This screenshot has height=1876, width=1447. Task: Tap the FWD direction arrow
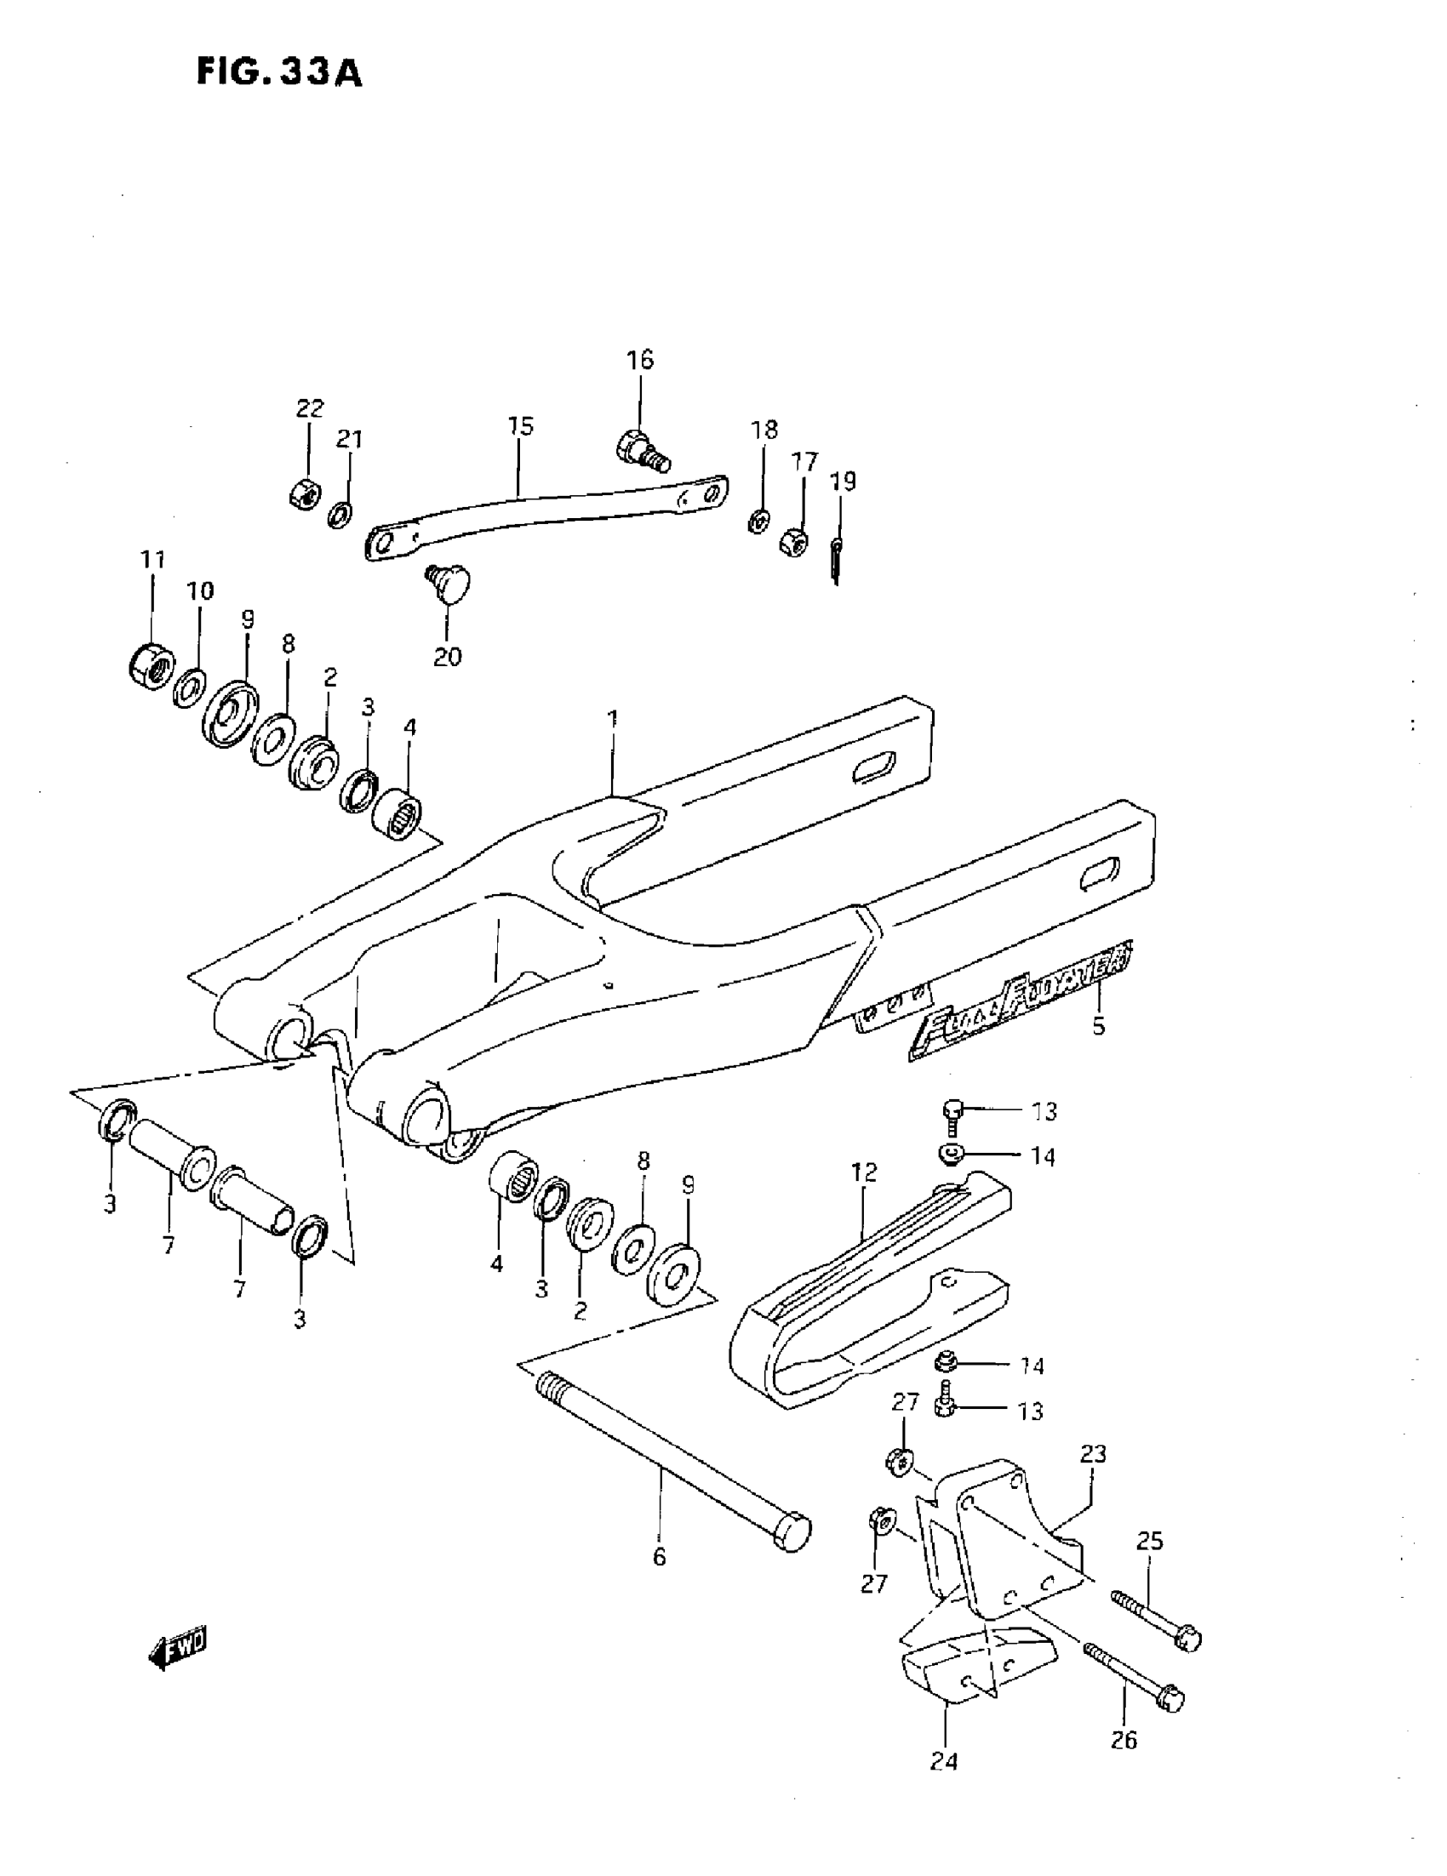tap(179, 1648)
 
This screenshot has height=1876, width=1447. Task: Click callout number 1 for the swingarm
tap(612, 718)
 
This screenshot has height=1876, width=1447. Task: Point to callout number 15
tap(521, 426)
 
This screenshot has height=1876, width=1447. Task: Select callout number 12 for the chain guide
tap(864, 1172)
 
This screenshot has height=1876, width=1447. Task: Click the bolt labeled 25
tap(1156, 1619)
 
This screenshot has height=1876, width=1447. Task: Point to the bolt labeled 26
tap(1135, 1675)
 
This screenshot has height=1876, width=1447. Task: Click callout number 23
tap(1093, 1454)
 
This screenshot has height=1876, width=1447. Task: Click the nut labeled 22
tap(302, 493)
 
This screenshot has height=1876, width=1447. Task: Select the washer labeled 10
tap(189, 687)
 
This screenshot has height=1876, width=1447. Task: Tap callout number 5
tap(1098, 1026)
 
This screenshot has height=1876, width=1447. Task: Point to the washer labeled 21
tap(341, 516)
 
